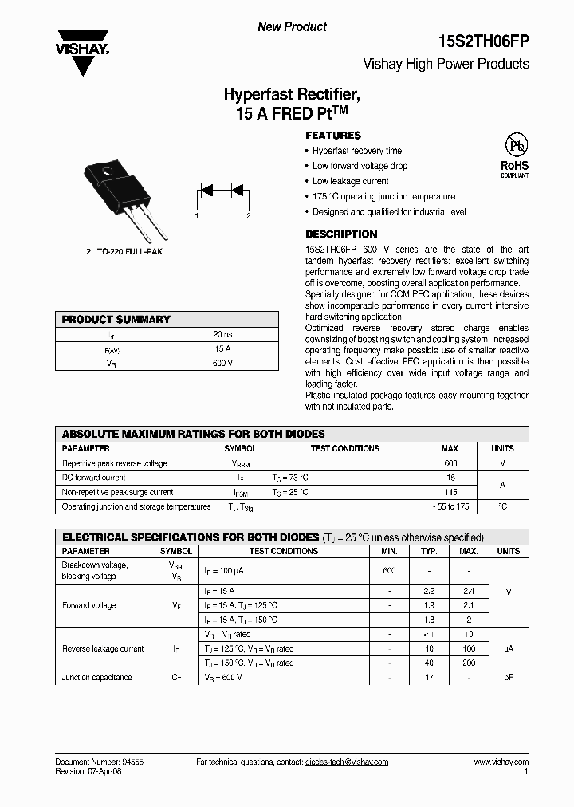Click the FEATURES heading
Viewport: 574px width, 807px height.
(x=333, y=136)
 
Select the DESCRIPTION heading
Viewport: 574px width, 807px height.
(x=341, y=234)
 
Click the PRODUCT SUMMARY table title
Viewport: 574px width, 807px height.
(x=116, y=320)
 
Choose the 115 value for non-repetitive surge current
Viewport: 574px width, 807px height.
(x=450, y=492)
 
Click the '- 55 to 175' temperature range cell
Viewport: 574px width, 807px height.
(x=450, y=506)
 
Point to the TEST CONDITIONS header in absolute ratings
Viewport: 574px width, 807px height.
(x=344, y=448)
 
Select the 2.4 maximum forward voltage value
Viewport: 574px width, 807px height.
(x=469, y=591)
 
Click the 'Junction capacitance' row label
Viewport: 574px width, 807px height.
(x=97, y=677)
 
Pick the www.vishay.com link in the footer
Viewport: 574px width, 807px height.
(x=501, y=762)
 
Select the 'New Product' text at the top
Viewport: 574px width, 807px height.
(x=292, y=27)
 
